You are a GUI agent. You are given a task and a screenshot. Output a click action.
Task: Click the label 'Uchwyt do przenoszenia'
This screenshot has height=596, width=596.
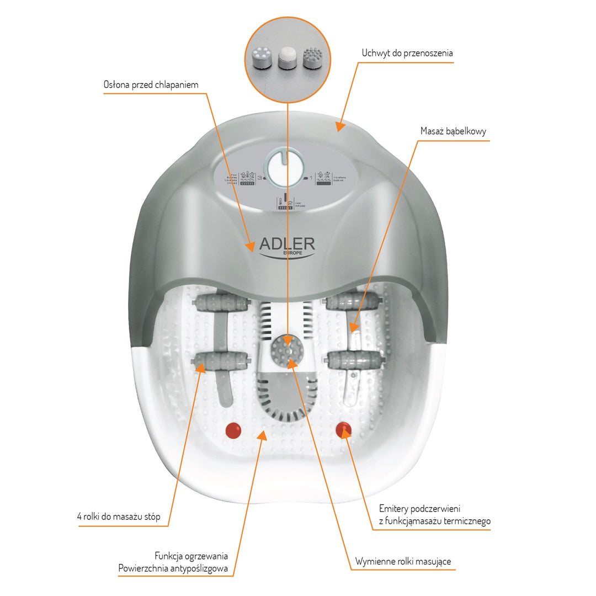pos(407,54)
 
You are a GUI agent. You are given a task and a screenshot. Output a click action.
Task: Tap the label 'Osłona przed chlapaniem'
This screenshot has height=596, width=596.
pos(151,85)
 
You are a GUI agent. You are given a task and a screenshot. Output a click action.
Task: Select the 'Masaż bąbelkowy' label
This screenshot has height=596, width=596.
pos(453,131)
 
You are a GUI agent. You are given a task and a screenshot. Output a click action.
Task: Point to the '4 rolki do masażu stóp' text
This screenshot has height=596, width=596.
pos(119,517)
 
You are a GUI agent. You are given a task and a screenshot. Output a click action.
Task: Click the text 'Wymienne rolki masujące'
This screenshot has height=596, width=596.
pos(403,561)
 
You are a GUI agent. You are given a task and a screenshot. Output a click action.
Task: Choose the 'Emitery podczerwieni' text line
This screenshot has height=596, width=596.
pos(419,508)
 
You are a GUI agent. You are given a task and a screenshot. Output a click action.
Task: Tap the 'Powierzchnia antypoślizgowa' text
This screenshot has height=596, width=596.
pos(173,569)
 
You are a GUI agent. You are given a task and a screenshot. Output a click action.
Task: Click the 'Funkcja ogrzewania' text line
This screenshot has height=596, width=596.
pos(191,556)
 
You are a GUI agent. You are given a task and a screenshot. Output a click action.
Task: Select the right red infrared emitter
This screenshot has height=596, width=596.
pos(344,429)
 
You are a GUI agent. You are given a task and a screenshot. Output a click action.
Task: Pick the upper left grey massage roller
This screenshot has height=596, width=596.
pos(216,303)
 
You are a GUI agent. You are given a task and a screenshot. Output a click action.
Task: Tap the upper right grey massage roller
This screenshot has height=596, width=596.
pos(353,302)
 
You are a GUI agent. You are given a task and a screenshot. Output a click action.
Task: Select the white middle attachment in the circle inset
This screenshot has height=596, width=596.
pos(286,58)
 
